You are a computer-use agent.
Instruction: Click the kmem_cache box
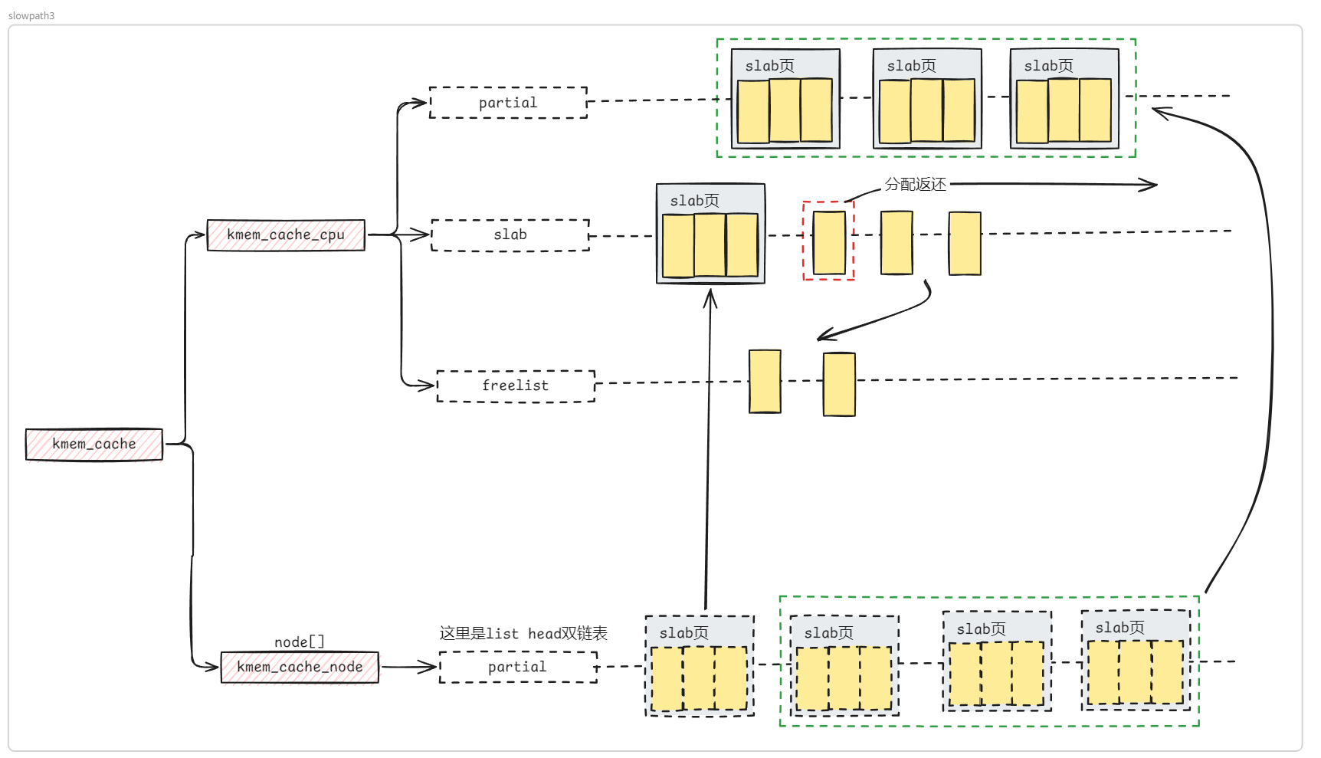[x=94, y=445]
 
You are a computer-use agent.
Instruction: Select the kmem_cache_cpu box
[x=286, y=235]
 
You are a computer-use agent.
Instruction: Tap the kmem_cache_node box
[x=300, y=667]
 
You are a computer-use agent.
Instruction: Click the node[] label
[x=300, y=642]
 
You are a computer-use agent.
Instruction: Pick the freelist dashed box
[x=516, y=386]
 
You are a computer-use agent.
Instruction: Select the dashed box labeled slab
[x=510, y=235]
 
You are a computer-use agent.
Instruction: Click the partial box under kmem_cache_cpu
[x=508, y=103]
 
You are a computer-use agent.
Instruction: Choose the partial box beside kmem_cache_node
[x=518, y=667]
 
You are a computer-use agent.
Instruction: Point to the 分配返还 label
[x=916, y=185]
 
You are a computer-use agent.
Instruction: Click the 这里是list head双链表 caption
[x=523, y=634]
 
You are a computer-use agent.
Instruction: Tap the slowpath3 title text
[x=31, y=15]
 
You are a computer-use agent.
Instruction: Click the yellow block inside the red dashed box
[x=829, y=242]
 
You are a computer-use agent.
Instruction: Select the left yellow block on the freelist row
[x=765, y=382]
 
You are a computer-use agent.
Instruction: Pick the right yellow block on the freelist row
[x=839, y=385]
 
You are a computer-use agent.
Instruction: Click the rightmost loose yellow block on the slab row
[x=965, y=243]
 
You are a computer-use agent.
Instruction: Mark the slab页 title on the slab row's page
[x=694, y=201]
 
